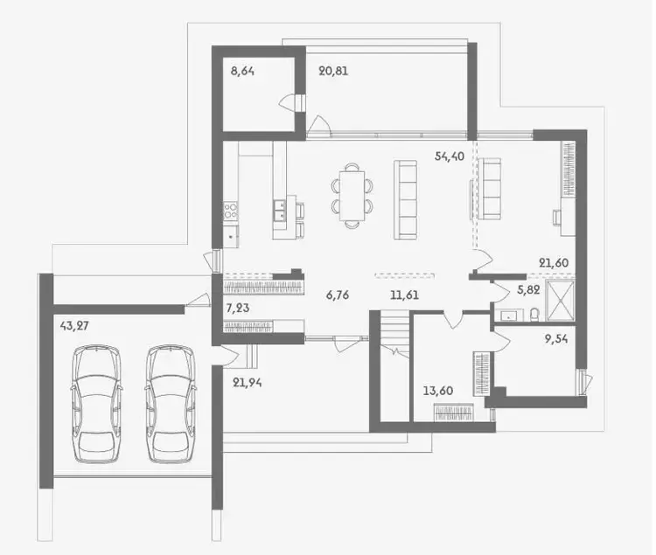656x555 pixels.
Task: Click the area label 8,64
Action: coord(242,71)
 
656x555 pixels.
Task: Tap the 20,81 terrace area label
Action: coord(333,71)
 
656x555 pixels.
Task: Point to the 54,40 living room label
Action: coord(450,156)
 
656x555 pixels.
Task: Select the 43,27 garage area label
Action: coord(74,325)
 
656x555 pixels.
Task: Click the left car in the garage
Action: coord(96,404)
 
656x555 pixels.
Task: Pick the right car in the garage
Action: coord(171,404)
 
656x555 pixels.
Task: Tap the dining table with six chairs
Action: coord(352,196)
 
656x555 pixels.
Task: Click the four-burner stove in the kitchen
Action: coord(231,211)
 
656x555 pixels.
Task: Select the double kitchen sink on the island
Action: coord(280,210)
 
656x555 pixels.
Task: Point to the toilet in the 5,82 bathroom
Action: coord(534,315)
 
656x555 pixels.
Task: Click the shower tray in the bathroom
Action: coord(561,301)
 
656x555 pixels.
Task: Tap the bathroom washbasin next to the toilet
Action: coord(509,316)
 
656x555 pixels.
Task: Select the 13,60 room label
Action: coord(438,392)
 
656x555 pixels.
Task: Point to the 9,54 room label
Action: coord(556,339)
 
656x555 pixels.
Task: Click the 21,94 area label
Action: coord(248,383)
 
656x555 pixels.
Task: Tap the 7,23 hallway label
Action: coord(238,309)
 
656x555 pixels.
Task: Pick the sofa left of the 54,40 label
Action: coord(405,200)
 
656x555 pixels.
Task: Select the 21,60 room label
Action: coord(554,263)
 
